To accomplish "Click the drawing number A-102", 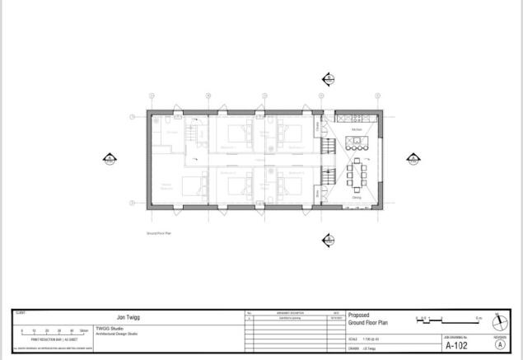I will point(455,346).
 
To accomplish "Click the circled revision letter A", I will point(499,345).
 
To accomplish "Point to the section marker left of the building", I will point(108,158).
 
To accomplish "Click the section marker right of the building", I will point(414,158).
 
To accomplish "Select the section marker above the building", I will point(328,79).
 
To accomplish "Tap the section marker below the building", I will point(328,239).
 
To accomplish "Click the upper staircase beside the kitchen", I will point(327,149).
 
